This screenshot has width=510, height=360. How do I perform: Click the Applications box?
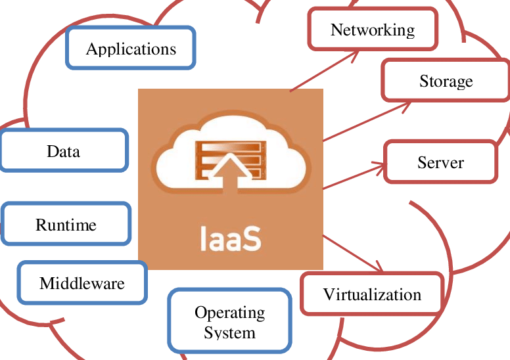point(131,48)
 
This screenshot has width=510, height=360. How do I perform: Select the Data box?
point(64,151)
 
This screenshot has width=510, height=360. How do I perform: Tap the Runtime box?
point(66,225)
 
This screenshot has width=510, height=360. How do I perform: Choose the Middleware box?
point(82,283)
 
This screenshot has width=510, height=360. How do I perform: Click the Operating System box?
point(229,322)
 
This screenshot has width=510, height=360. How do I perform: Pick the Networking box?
point(373,30)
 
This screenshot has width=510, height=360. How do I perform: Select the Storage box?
point(446,81)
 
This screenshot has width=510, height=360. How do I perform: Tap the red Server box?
point(440,162)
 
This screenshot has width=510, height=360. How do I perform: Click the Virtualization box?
point(372,294)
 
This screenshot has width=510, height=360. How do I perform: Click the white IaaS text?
point(230,239)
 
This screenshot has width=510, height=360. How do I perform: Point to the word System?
point(229,332)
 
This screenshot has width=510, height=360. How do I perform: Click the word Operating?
point(229,313)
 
